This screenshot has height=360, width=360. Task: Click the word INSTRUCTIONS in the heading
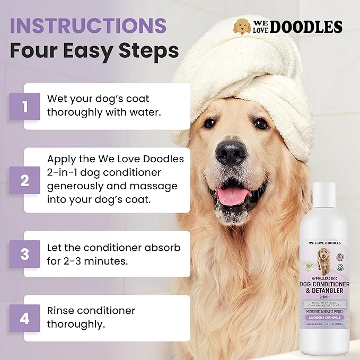pos(87,25)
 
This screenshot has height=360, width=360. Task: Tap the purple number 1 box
pos(24,107)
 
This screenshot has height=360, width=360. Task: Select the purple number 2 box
pos(24,180)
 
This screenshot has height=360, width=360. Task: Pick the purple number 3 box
pos(24,253)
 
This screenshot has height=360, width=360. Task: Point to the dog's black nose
pos(231,153)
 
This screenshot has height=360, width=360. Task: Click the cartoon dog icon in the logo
pos(242,27)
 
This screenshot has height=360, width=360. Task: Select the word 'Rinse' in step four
pos(62,310)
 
